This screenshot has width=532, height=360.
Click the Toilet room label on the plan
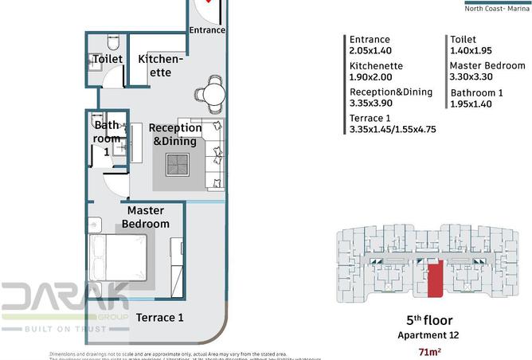coord(108,59)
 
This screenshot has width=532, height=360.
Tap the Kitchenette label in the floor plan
coord(161,65)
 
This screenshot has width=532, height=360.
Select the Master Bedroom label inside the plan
coord(146,217)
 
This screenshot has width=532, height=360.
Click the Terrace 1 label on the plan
coord(159,317)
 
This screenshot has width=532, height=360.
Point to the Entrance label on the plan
coord(207,30)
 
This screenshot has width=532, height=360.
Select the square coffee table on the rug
coord(178,164)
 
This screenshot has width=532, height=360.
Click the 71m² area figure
coord(430,350)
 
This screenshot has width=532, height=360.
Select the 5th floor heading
coord(430,320)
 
